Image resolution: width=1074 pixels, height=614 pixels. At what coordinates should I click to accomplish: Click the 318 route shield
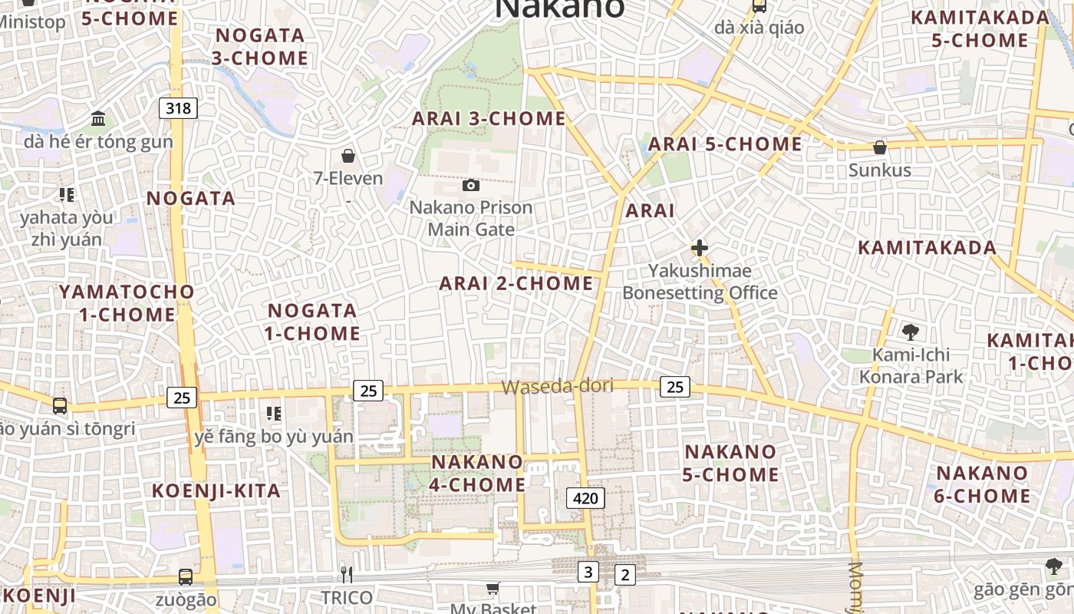pos(178,108)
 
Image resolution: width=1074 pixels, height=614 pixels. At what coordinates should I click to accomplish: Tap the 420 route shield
pos(585,498)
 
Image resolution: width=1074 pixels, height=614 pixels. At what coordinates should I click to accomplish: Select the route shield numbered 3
pos(588,571)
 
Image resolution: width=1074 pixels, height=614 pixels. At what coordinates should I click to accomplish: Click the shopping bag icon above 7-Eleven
pos(348,157)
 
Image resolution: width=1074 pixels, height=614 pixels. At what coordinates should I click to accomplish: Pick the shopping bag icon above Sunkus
pos(880,147)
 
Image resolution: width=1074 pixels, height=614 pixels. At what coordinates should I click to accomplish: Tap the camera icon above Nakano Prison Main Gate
pos(471,185)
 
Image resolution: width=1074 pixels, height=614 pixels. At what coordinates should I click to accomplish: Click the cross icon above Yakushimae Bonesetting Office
pos(699,248)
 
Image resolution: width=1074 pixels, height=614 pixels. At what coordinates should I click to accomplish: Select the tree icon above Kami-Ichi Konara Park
pos(911,332)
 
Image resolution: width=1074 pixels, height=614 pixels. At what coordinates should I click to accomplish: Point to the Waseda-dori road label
pos(558,387)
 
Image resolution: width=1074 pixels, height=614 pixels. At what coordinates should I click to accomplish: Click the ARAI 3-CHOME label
pos(489,119)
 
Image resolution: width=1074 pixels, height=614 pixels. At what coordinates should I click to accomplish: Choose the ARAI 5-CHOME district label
pos(725,144)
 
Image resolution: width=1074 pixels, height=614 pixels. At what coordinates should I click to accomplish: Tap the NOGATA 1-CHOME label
pos(312,322)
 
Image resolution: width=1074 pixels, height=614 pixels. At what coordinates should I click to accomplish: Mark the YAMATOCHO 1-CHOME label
pos(127,303)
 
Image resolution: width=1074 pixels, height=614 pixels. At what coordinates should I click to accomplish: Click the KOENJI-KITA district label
pos(216,490)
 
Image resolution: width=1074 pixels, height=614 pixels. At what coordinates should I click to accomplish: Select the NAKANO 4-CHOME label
pos(477,474)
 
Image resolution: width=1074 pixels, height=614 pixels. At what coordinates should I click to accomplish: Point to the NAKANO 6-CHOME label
pos(983,484)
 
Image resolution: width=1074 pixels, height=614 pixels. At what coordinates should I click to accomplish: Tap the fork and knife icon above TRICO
pos(347,574)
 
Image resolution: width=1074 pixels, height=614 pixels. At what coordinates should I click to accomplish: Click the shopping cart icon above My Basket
pos(493,588)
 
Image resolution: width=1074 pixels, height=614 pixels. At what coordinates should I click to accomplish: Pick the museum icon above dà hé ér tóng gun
pos(98,119)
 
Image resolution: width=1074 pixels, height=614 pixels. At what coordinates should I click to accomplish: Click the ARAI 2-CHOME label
pos(516,283)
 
